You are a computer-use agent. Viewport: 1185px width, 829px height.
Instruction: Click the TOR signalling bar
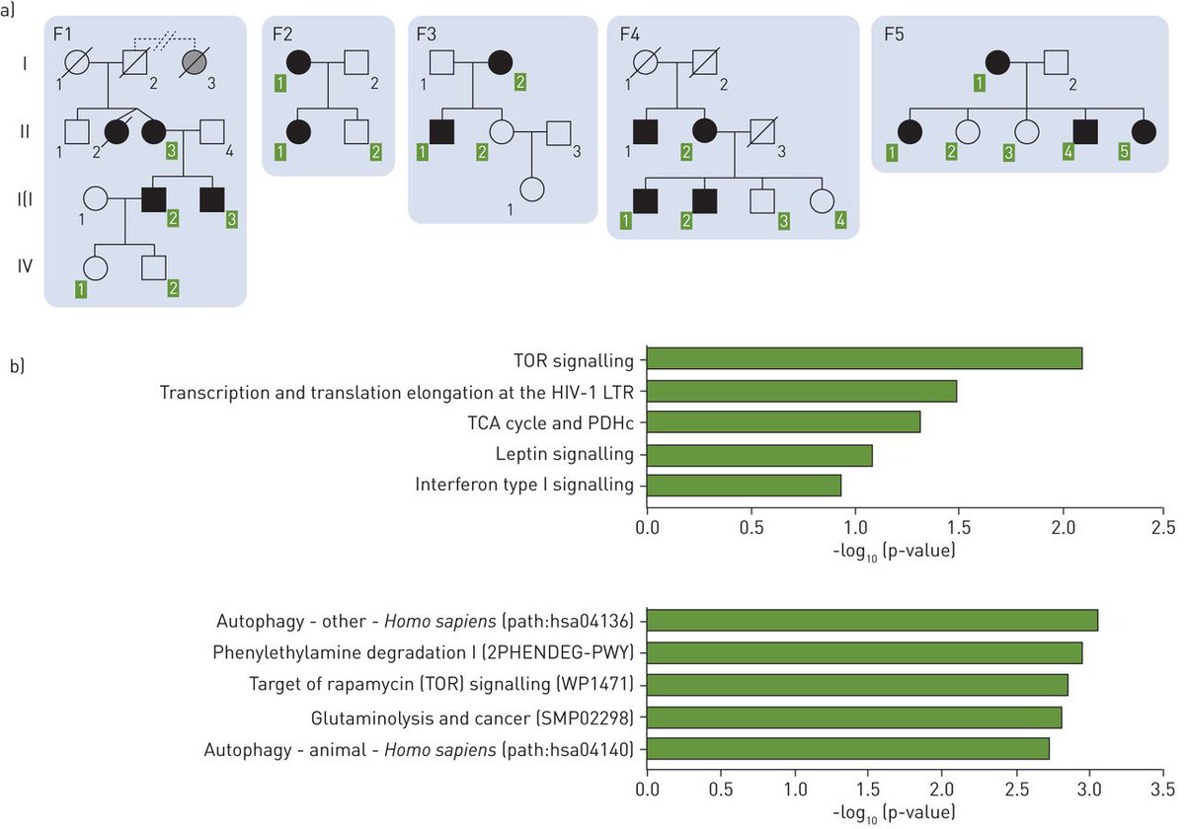click(x=864, y=358)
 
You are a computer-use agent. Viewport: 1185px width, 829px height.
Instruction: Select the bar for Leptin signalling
click(x=759, y=455)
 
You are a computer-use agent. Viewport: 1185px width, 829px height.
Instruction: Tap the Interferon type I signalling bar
click(x=744, y=486)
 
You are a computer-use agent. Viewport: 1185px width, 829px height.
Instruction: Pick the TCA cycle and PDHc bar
click(x=783, y=422)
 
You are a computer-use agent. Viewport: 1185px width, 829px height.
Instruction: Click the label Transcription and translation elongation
click(x=396, y=393)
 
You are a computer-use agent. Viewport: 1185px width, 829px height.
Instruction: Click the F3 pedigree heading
click(x=427, y=37)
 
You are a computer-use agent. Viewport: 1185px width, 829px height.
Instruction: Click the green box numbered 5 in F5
click(x=1145, y=151)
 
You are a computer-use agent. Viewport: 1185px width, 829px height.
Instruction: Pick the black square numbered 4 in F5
click(x=1085, y=130)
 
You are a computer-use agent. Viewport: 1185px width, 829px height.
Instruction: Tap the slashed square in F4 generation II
click(x=761, y=130)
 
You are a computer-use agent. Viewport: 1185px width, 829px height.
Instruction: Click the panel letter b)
click(x=17, y=364)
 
